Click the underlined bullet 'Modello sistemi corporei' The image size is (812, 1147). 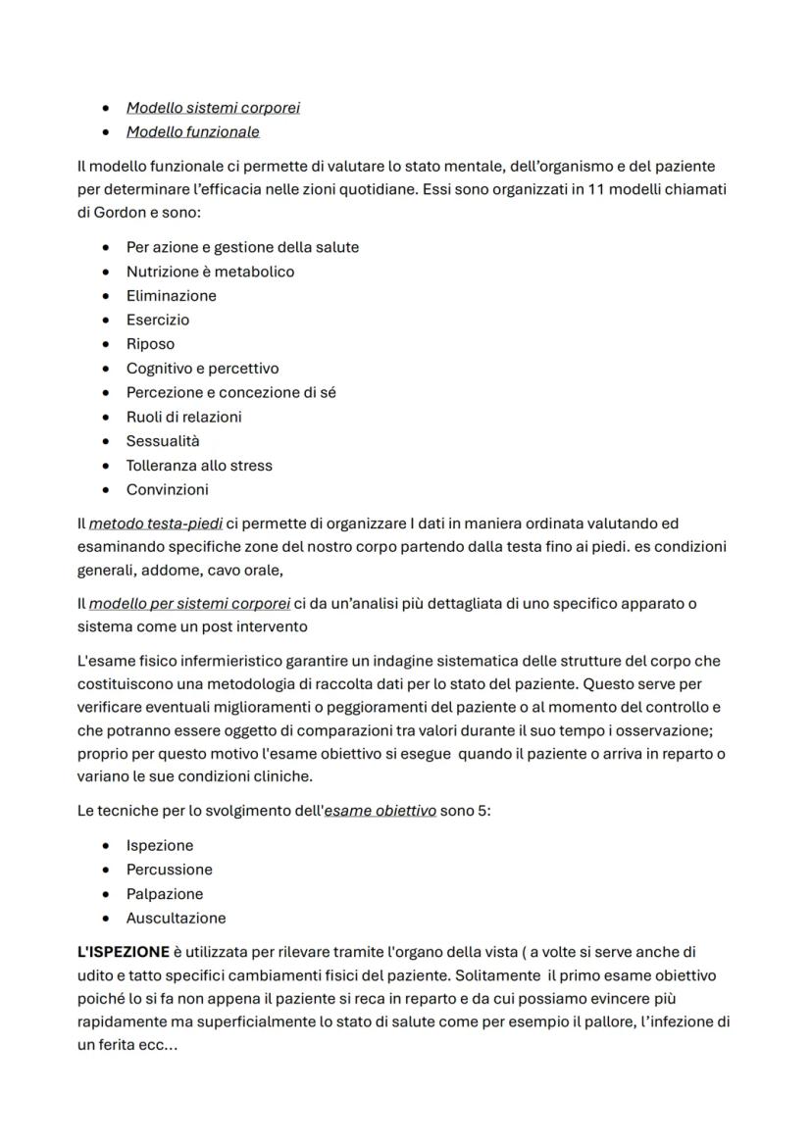[213, 108]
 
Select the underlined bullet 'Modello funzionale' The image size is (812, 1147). [192, 131]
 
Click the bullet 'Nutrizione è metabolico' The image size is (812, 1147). [210, 272]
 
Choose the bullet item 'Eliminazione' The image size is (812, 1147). [171, 296]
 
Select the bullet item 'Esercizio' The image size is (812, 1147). [158, 320]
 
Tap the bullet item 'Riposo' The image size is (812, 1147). [150, 344]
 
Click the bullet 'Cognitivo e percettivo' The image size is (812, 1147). [202, 369]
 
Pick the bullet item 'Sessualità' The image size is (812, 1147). [163, 441]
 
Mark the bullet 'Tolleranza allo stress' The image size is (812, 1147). [199, 466]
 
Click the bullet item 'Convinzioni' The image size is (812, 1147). [167, 489]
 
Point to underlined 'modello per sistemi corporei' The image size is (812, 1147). [189, 604]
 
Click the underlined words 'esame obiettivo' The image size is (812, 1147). [381, 811]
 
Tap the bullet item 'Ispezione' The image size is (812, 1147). [160, 845]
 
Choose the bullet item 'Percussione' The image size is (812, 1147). [169, 870]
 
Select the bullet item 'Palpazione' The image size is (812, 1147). [165, 894]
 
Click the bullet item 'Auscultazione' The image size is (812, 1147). [176, 919]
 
